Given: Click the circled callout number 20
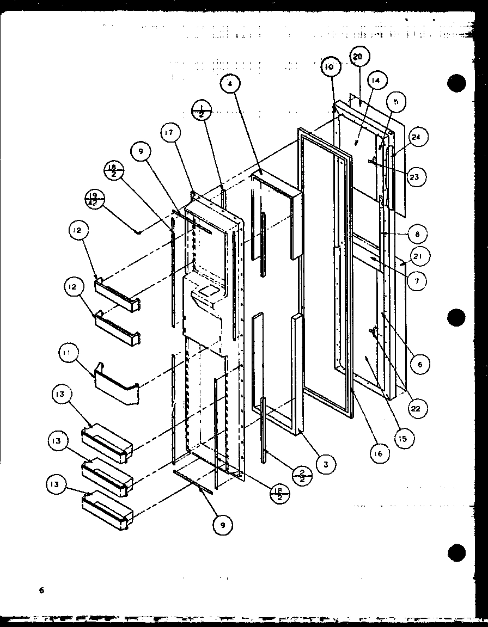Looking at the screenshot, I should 358,57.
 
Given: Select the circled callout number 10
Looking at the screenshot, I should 330,67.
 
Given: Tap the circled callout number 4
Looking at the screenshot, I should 230,84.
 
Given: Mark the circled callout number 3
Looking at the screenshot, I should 325,464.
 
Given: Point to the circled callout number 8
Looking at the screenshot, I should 418,235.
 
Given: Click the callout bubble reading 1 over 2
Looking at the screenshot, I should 202,113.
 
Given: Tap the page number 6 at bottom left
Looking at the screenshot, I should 40,590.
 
